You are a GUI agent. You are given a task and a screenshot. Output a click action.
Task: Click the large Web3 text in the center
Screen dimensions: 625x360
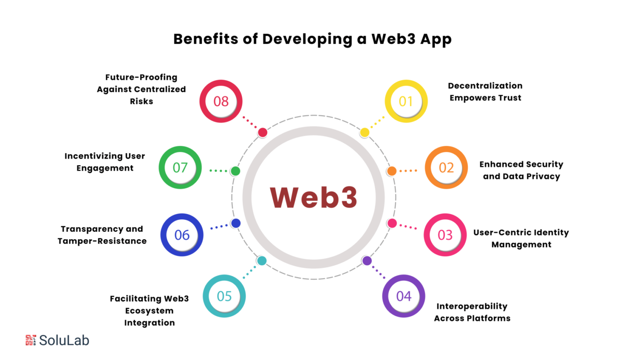coord(314,197)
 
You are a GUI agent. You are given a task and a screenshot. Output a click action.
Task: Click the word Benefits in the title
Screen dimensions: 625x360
coord(206,39)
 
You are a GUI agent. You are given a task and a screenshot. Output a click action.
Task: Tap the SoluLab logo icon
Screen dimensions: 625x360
coord(31,340)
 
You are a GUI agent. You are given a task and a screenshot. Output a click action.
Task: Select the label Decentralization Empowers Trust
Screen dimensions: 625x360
coord(485,92)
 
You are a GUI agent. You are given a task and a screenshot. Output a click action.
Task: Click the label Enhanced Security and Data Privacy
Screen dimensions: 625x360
coord(521,170)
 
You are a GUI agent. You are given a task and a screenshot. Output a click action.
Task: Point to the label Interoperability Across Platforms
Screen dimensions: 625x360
coord(472,312)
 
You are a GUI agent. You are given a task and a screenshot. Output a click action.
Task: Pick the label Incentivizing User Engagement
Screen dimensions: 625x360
coord(105,162)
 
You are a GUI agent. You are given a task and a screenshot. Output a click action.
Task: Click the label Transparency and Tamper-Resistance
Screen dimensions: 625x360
coord(102,235)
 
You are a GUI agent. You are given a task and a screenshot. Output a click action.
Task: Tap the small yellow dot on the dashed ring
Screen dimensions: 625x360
coord(365,132)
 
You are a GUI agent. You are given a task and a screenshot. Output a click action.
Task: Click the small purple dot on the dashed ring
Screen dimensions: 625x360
coord(367,261)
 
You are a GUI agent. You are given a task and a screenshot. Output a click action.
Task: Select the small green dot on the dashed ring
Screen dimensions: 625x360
coord(235,171)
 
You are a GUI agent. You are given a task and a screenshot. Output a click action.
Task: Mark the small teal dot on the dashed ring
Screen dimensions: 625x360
coord(261,260)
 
